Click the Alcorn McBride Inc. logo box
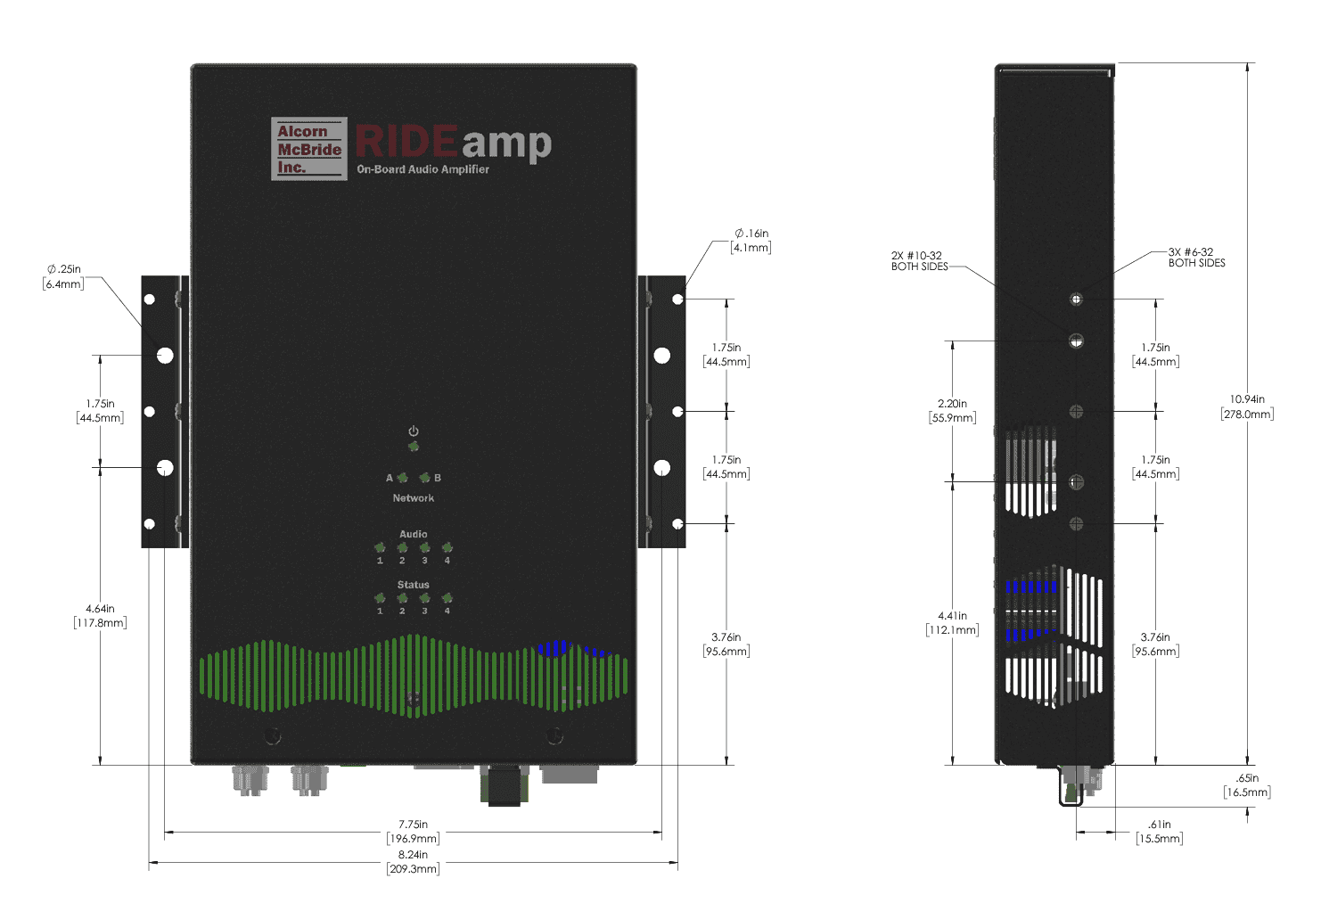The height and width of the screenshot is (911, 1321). (x=308, y=149)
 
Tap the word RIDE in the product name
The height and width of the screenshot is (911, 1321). (x=406, y=141)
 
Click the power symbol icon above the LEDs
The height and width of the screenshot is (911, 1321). (x=414, y=431)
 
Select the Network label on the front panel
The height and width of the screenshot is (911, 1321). (x=414, y=498)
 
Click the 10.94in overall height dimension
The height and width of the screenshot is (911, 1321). (x=1247, y=406)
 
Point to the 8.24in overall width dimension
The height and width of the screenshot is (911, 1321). (x=413, y=861)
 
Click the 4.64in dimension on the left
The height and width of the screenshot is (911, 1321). (x=100, y=616)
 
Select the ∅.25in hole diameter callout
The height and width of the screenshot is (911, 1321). (x=63, y=276)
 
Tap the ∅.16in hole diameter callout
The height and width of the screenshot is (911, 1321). (x=751, y=241)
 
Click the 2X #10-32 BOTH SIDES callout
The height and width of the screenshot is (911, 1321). (x=919, y=261)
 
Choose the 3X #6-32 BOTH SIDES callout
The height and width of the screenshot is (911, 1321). (x=1196, y=258)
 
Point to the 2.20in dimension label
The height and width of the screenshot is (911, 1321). (x=952, y=411)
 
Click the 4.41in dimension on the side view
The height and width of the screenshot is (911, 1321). (x=952, y=623)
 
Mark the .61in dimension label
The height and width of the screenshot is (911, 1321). (x=1160, y=832)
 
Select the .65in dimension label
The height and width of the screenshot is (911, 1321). (x=1247, y=785)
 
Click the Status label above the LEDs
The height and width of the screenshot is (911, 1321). (x=414, y=585)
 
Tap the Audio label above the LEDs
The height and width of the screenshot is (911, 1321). (x=414, y=534)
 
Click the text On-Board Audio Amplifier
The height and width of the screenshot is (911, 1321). (x=423, y=169)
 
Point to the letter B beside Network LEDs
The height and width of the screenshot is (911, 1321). (x=438, y=478)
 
